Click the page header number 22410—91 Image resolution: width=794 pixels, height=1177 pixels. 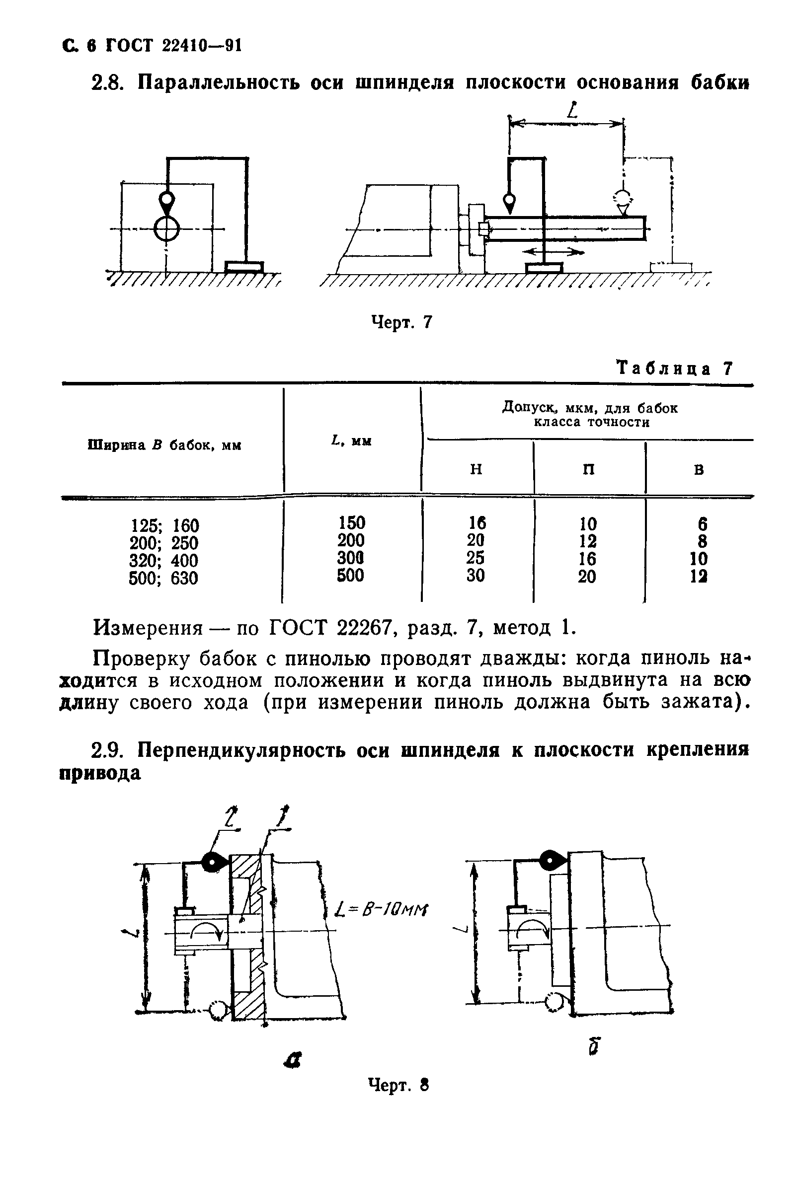[202, 46]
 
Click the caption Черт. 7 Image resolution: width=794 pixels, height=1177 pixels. [402, 322]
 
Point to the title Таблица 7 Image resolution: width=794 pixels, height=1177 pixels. [674, 368]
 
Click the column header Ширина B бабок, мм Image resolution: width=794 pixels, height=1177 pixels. [165, 445]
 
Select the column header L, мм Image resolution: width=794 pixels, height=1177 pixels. [351, 441]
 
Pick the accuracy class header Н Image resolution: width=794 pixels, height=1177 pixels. [476, 470]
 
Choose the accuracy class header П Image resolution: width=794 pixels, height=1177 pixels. [588, 470]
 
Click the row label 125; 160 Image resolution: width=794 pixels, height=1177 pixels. [164, 525]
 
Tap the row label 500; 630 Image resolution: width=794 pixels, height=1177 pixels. [163, 578]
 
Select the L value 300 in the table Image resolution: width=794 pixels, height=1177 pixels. [351, 558]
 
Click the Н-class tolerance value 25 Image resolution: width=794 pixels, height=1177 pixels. [476, 558]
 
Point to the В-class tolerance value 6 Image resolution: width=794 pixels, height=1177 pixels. [702, 524]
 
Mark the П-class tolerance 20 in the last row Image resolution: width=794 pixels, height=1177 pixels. [587, 577]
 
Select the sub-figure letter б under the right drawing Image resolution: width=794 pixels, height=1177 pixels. [595, 1046]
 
